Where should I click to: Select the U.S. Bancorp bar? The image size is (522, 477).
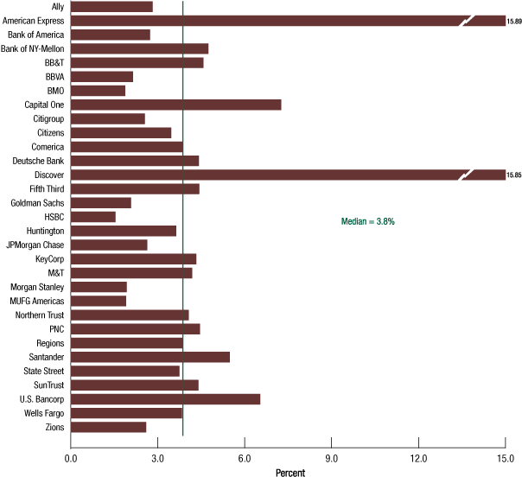click(x=165, y=399)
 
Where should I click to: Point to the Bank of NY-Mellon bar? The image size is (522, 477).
click(x=139, y=48)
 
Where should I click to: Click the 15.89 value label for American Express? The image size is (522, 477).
click(x=514, y=21)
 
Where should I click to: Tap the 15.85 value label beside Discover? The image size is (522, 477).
click(x=514, y=175)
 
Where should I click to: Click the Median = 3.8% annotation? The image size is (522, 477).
click(x=368, y=222)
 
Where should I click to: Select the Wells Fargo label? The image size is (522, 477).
click(x=41, y=413)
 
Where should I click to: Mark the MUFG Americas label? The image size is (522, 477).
click(x=36, y=301)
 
